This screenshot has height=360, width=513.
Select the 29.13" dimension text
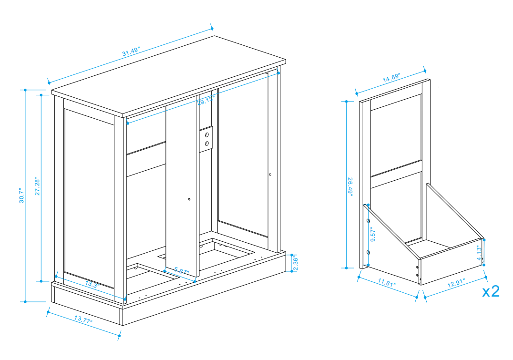[x=206, y=100]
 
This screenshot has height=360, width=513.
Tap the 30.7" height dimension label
[x=21, y=195]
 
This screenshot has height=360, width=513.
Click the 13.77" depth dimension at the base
[x=83, y=319]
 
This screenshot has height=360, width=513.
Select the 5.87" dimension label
[x=182, y=271]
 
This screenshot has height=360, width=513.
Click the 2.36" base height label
[x=296, y=262]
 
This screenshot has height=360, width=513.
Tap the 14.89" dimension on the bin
[x=390, y=78]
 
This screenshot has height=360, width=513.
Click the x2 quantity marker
[x=491, y=291]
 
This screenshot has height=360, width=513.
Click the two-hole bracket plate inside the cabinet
[x=206, y=139]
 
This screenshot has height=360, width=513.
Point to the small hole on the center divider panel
[x=189, y=199]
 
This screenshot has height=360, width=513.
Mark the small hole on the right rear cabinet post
[x=270, y=175]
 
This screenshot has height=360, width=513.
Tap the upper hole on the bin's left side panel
[x=368, y=221]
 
